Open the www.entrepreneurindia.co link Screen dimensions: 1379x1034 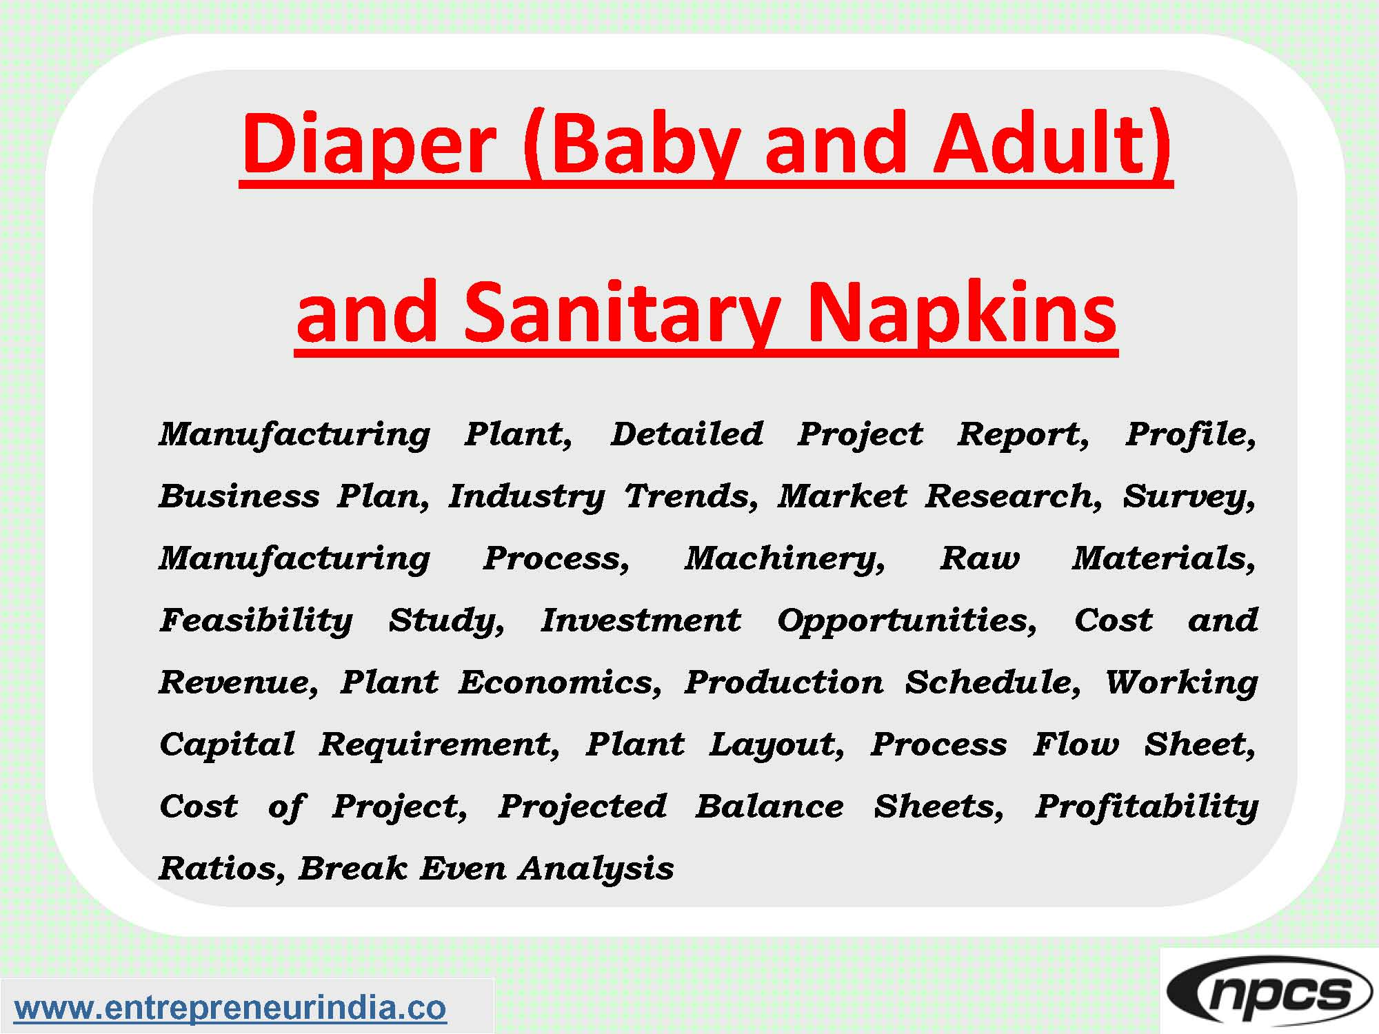(230, 1007)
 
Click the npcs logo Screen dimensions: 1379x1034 (1269, 993)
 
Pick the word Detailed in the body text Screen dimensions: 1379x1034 (687, 434)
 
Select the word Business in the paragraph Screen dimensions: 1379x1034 (239, 496)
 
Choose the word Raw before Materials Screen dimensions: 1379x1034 (980, 558)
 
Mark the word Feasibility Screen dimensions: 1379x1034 (256, 621)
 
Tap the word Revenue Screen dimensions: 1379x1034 (239, 682)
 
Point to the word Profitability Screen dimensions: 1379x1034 (1147, 807)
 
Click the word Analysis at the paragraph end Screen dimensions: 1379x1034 (596, 869)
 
